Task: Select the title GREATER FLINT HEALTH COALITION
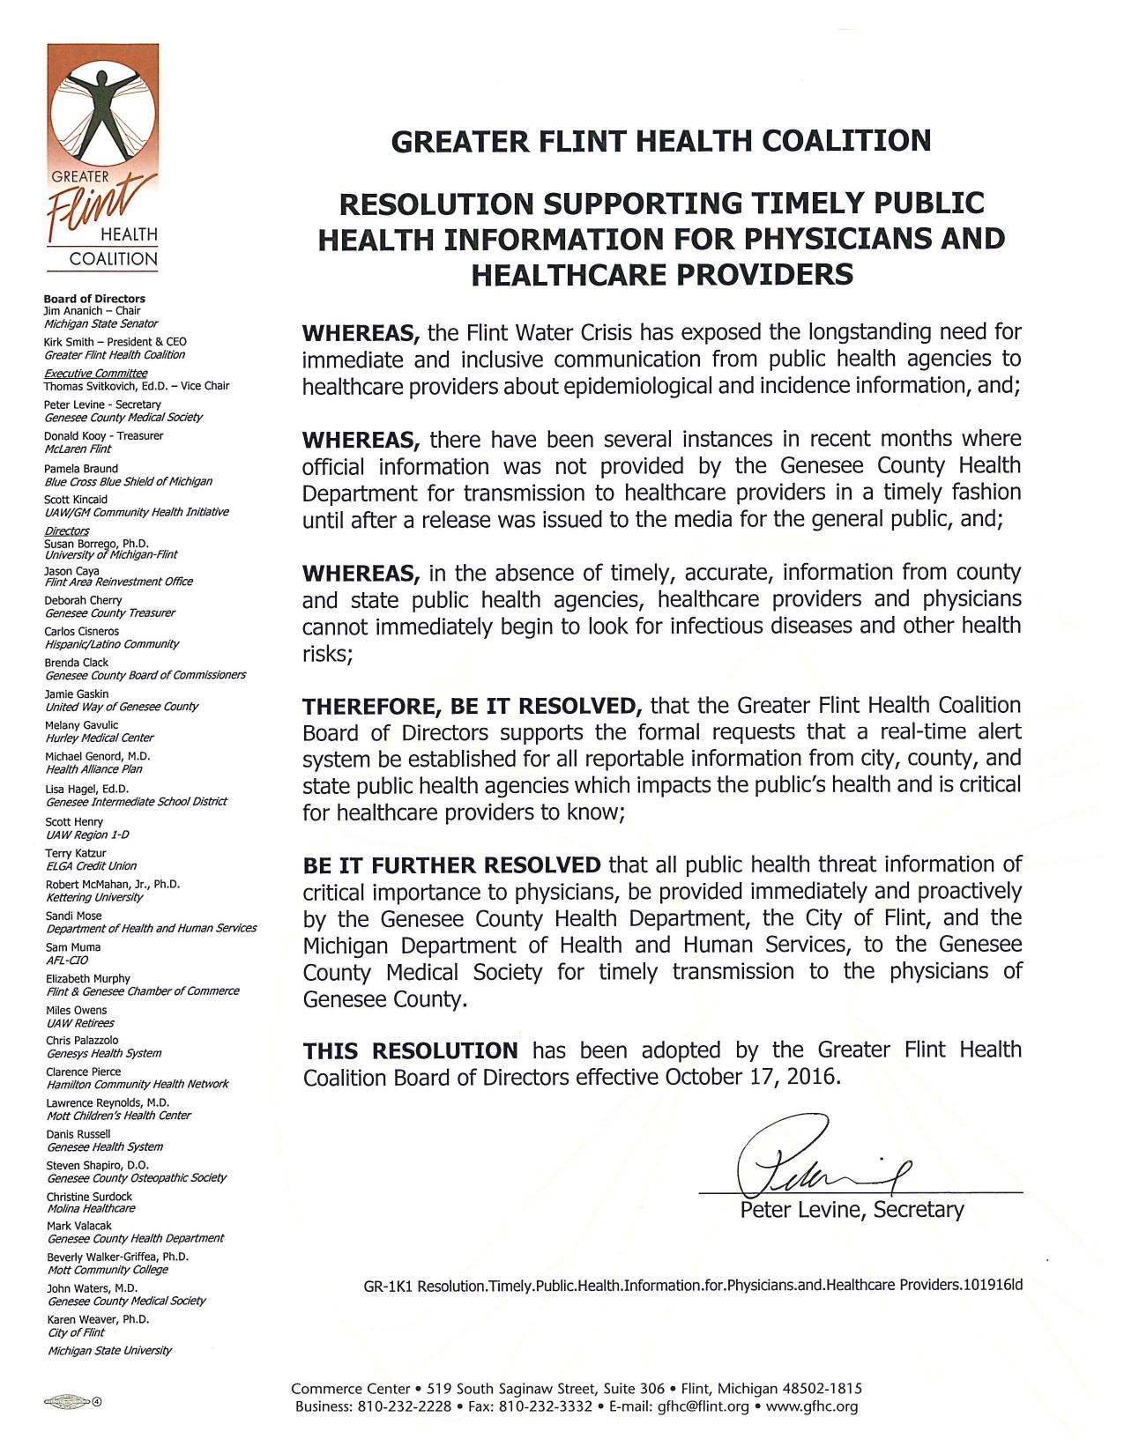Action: (x=660, y=141)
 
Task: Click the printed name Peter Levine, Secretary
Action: (x=852, y=1210)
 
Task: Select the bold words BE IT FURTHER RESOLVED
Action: (x=451, y=864)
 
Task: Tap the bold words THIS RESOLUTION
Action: (x=411, y=1050)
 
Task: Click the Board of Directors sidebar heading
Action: (x=94, y=299)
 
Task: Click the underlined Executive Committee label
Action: (x=95, y=373)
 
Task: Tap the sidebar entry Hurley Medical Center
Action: (x=100, y=738)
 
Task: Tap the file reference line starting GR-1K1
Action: (x=693, y=1285)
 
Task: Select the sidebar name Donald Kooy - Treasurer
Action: (x=103, y=436)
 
